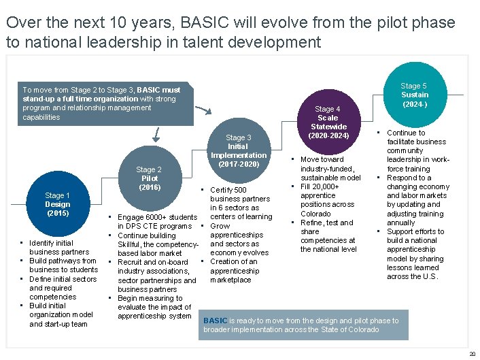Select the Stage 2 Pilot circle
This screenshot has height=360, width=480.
149,179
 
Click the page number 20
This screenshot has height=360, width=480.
472,354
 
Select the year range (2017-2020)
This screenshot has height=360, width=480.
239,164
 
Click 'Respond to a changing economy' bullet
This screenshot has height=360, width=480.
417,182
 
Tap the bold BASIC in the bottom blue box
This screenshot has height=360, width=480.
215,321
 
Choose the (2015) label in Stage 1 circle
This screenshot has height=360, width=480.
58,213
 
